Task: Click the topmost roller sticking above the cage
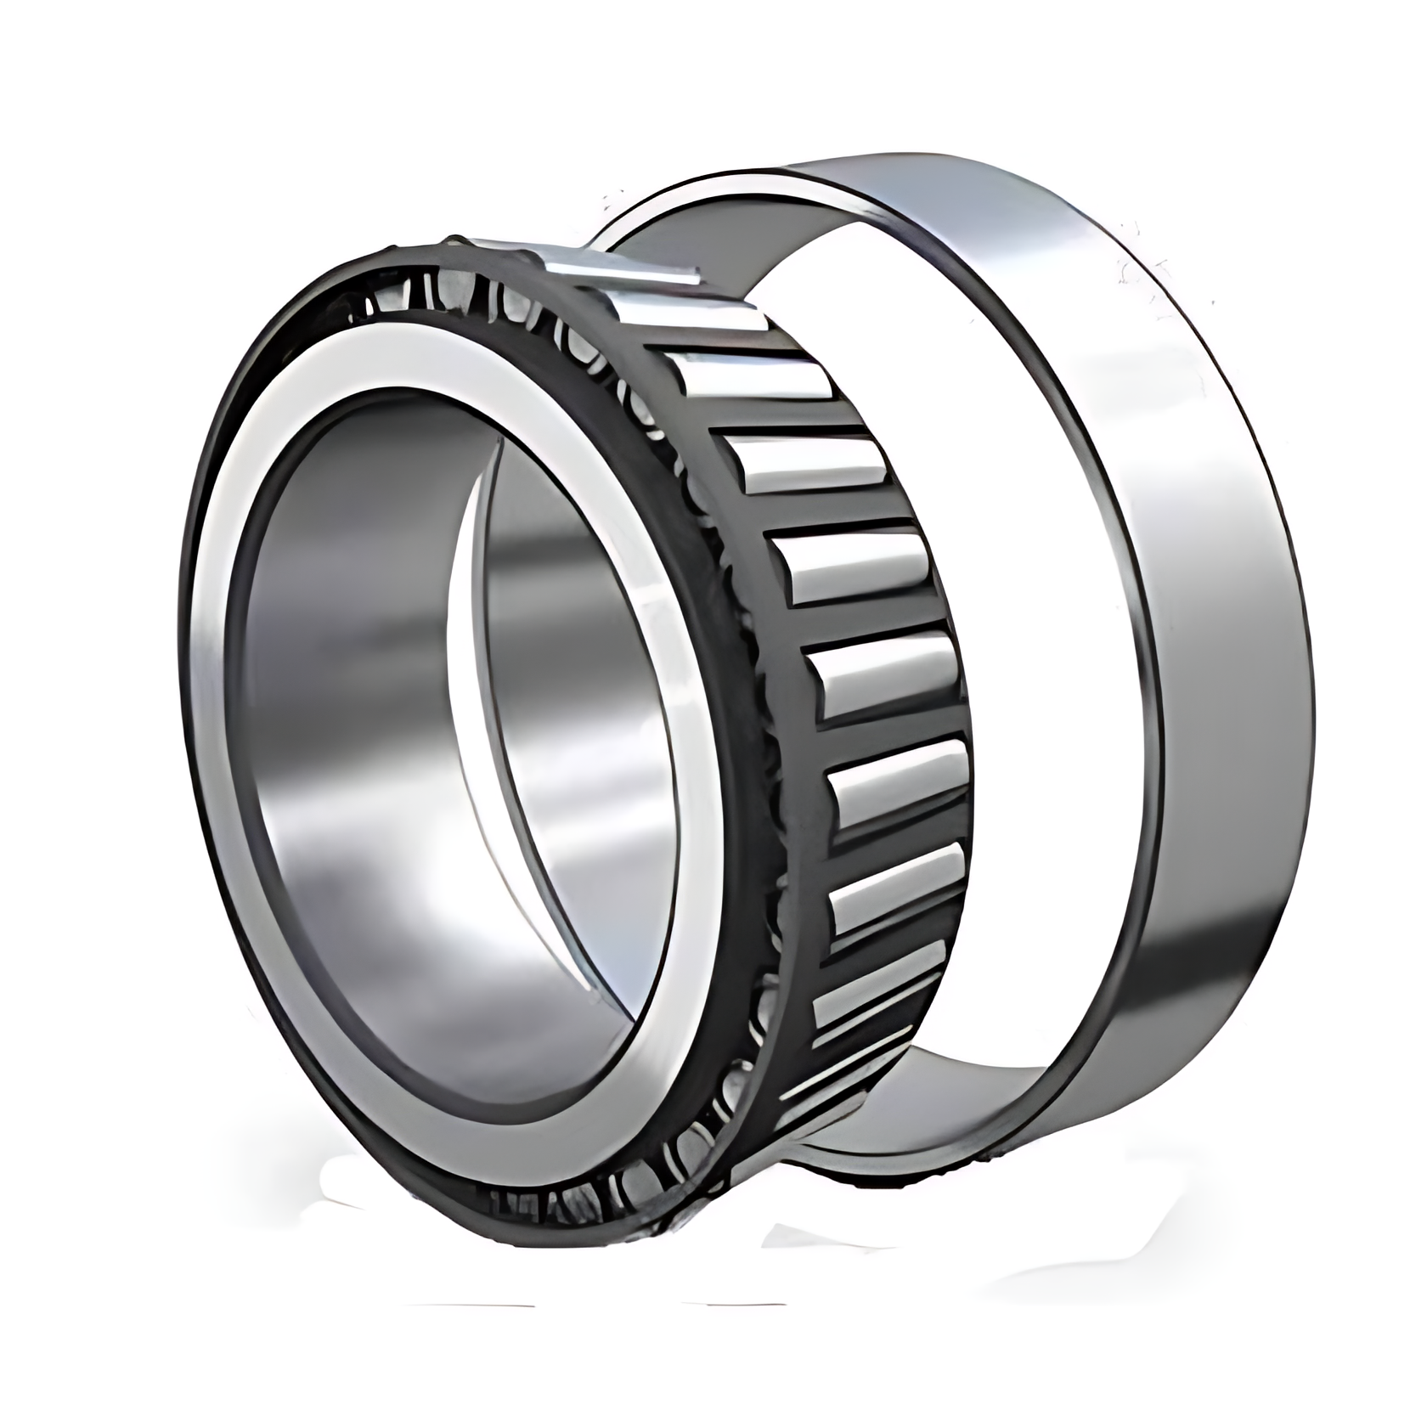pos(624,265)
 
